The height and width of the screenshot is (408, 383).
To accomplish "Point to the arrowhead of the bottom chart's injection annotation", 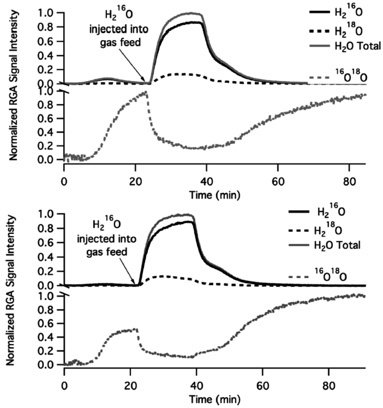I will pyautogui.click(x=135, y=283).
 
